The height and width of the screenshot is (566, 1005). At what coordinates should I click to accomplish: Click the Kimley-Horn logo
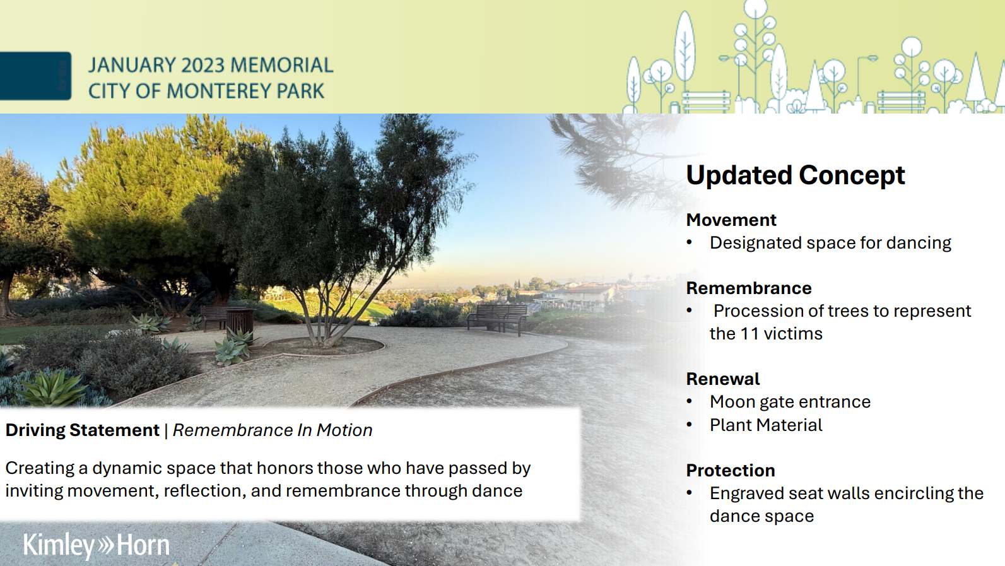click(96, 545)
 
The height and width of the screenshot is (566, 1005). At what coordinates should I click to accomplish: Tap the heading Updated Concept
click(795, 175)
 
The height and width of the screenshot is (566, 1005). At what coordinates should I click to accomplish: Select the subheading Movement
click(731, 220)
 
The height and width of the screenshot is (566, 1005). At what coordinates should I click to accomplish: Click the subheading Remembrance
click(748, 288)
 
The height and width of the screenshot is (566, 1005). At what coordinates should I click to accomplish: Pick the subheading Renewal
click(722, 379)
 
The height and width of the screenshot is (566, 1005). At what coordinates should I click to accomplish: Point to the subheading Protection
click(730, 471)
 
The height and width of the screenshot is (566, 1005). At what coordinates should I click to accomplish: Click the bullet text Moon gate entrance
click(789, 402)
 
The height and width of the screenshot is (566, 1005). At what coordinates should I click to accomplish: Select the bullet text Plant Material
click(765, 425)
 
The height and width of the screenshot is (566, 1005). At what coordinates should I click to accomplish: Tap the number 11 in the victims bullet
click(749, 334)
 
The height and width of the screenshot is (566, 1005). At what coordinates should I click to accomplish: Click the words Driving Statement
click(82, 430)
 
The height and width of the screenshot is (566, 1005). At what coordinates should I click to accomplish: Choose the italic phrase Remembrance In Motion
click(272, 430)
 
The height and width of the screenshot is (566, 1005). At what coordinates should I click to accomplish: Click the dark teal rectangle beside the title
click(35, 76)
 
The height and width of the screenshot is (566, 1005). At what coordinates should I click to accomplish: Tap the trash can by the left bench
click(240, 320)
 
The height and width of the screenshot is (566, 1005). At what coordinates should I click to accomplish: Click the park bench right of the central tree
click(497, 317)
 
